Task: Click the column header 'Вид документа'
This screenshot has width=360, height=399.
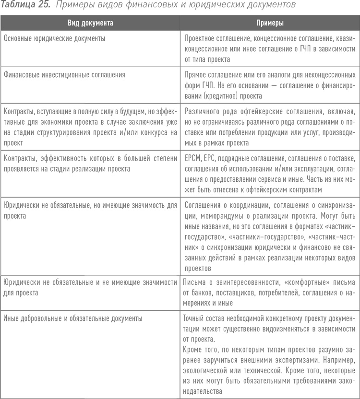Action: tap(91, 23)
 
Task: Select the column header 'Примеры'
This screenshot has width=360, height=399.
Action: tap(269, 23)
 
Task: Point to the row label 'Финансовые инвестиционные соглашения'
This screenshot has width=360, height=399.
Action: tap(64, 75)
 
